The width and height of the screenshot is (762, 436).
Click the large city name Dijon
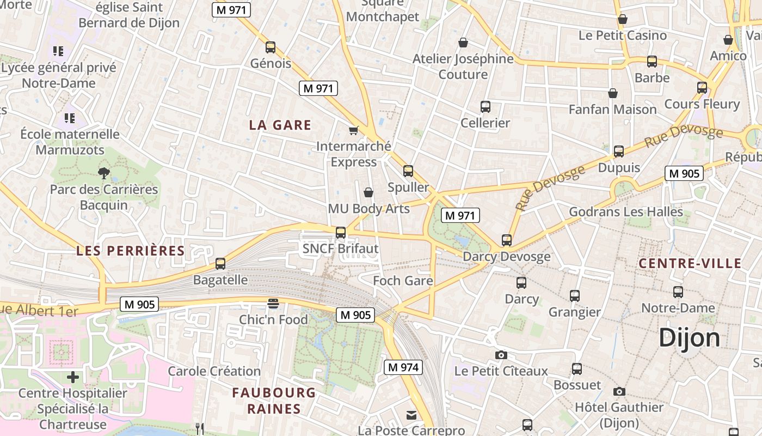[689, 338]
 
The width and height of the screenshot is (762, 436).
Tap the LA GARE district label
[280, 125]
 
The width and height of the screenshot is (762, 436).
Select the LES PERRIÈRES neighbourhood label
[131, 251]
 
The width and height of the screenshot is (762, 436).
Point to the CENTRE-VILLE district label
[690, 263]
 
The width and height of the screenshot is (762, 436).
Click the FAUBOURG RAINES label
[274, 401]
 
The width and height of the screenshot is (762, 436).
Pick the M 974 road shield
[403, 367]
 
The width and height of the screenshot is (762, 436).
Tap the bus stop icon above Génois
[271, 47]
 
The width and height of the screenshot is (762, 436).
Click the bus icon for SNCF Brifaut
[341, 233]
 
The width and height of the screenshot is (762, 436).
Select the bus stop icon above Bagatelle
[220, 264]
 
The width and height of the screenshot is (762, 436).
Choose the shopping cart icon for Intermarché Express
[354, 130]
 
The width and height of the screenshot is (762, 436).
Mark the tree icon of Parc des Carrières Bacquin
[103, 173]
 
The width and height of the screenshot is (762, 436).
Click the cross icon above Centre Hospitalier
[73, 377]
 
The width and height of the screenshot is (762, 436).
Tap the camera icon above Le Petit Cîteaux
[501, 355]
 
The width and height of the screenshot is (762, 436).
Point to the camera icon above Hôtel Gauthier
[619, 391]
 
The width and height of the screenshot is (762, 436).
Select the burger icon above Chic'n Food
[273, 304]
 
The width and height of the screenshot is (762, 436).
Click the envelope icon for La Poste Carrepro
[411, 415]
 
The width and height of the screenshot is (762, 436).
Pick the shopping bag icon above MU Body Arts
[368, 192]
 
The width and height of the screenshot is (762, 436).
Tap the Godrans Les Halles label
[626, 211]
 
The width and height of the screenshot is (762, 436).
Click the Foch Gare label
[403, 281]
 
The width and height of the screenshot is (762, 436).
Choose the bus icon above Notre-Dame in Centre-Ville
[678, 292]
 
